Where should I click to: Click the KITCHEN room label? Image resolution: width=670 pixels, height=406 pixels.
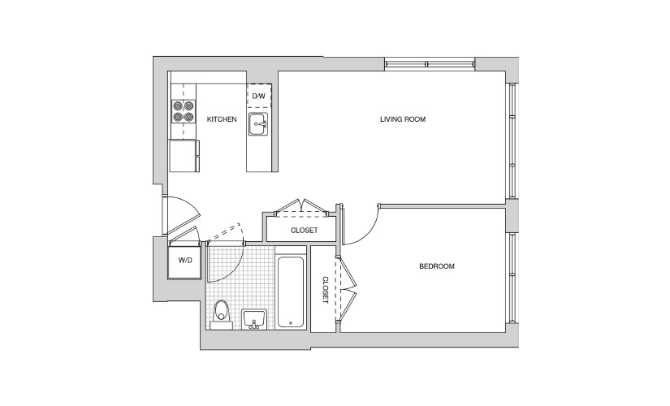[x=222, y=119]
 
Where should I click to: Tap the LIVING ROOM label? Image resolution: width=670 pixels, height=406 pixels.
[x=403, y=119]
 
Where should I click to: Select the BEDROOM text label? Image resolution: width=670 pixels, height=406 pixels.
[x=437, y=266]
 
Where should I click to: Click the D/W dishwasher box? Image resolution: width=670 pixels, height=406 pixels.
[x=259, y=95]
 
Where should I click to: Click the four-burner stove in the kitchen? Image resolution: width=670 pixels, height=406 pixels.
[x=184, y=111]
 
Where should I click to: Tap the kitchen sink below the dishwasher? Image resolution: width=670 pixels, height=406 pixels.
[x=258, y=124]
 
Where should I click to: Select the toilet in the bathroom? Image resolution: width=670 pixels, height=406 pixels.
[x=221, y=314]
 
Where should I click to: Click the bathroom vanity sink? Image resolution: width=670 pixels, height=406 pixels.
[x=254, y=319]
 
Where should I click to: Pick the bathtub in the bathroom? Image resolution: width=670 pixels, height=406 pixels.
[x=291, y=292]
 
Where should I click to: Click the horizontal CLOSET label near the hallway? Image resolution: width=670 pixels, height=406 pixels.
[x=305, y=231]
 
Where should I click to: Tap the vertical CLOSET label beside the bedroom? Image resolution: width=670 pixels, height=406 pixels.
[x=325, y=290]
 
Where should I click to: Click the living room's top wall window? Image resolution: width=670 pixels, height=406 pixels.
[x=430, y=64]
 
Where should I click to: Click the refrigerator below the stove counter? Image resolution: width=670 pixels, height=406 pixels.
[x=184, y=156]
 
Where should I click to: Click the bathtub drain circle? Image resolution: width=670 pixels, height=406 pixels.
[x=291, y=322]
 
